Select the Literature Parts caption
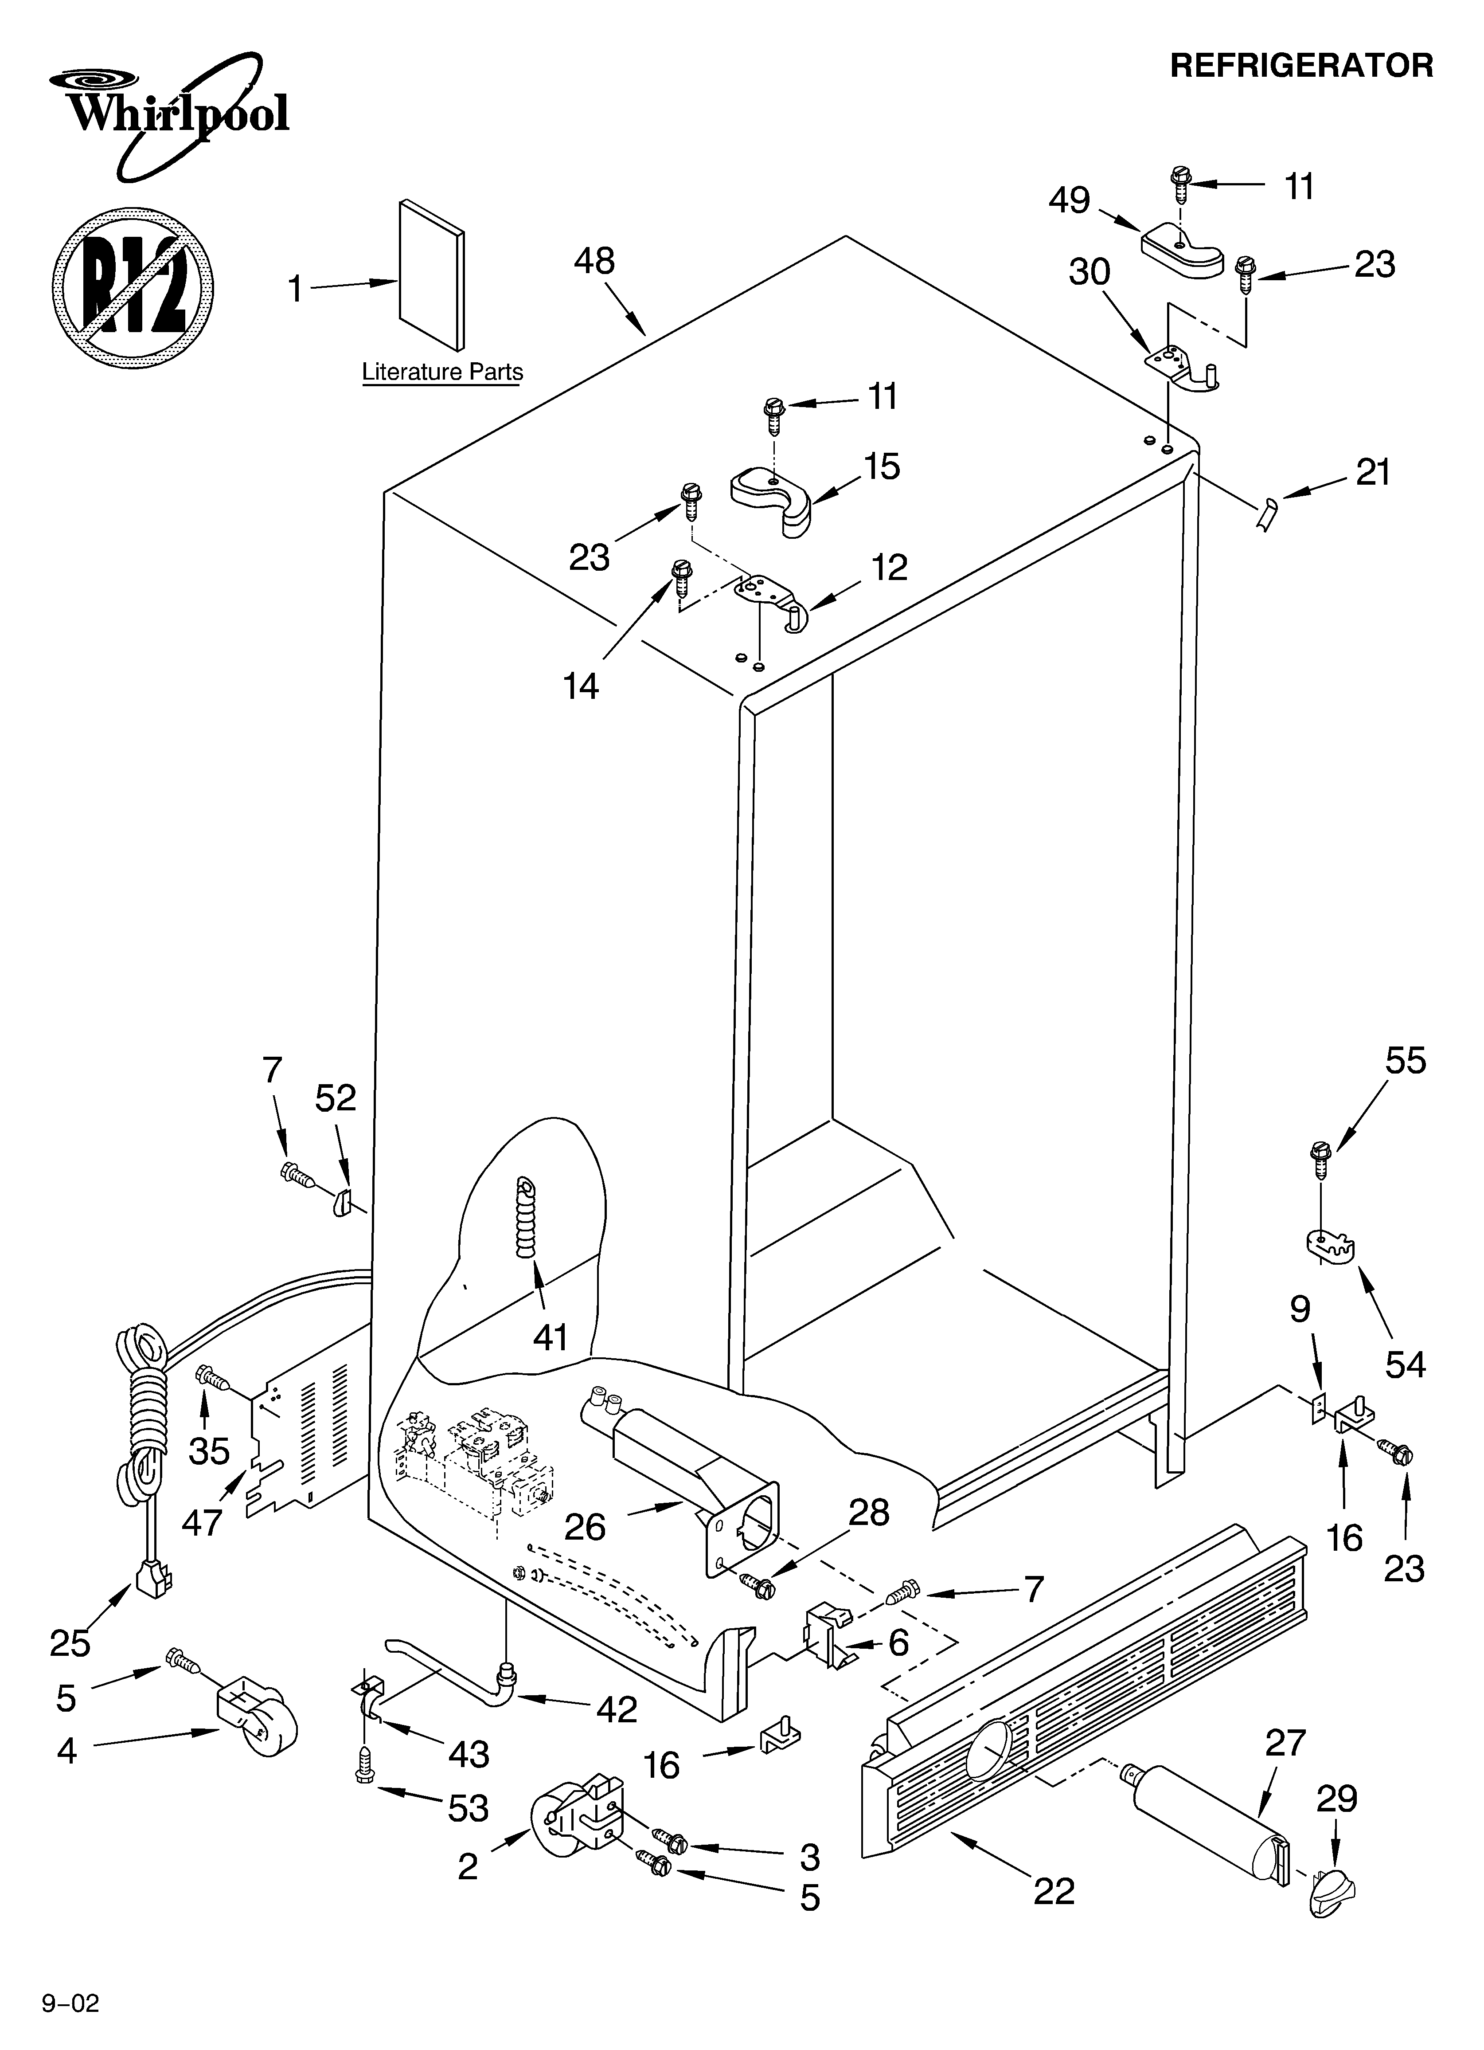click(x=442, y=372)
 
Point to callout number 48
click(x=594, y=262)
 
